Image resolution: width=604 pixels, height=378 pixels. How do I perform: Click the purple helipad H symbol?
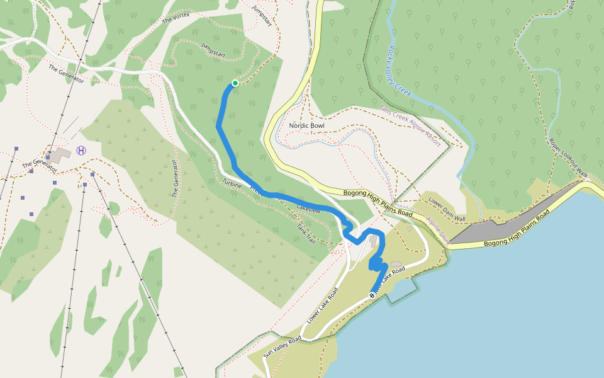(x=81, y=150)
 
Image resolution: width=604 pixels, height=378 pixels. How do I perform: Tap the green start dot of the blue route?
(x=235, y=83)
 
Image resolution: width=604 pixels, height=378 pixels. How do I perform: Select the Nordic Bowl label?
(x=306, y=126)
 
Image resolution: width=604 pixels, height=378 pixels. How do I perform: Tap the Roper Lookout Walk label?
(x=568, y=157)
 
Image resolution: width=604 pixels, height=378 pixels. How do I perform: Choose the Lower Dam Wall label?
(x=447, y=210)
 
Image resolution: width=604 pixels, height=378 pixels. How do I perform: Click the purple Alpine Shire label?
(x=439, y=231)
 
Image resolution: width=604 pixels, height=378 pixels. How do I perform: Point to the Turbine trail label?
(x=232, y=183)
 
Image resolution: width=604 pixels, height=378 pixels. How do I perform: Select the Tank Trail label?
(x=306, y=235)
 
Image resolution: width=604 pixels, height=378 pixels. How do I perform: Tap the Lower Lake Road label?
(x=322, y=306)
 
